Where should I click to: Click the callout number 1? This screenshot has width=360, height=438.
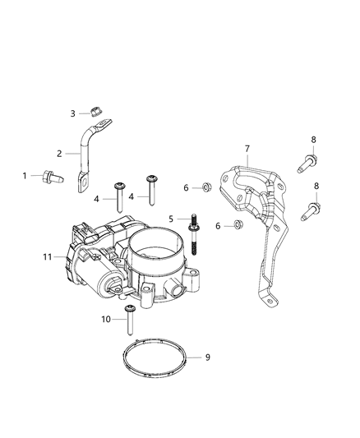click(x=25, y=175)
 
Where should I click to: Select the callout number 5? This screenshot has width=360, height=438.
click(x=170, y=219)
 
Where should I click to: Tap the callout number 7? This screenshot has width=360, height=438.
click(x=247, y=148)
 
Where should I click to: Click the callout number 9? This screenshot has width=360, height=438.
click(x=207, y=357)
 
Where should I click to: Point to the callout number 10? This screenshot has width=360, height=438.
click(x=106, y=319)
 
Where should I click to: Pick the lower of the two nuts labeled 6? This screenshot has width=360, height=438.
click(x=238, y=224)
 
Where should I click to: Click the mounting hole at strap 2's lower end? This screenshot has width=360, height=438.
click(x=83, y=183)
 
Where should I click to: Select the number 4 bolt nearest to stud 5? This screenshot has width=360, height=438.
click(x=152, y=188)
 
